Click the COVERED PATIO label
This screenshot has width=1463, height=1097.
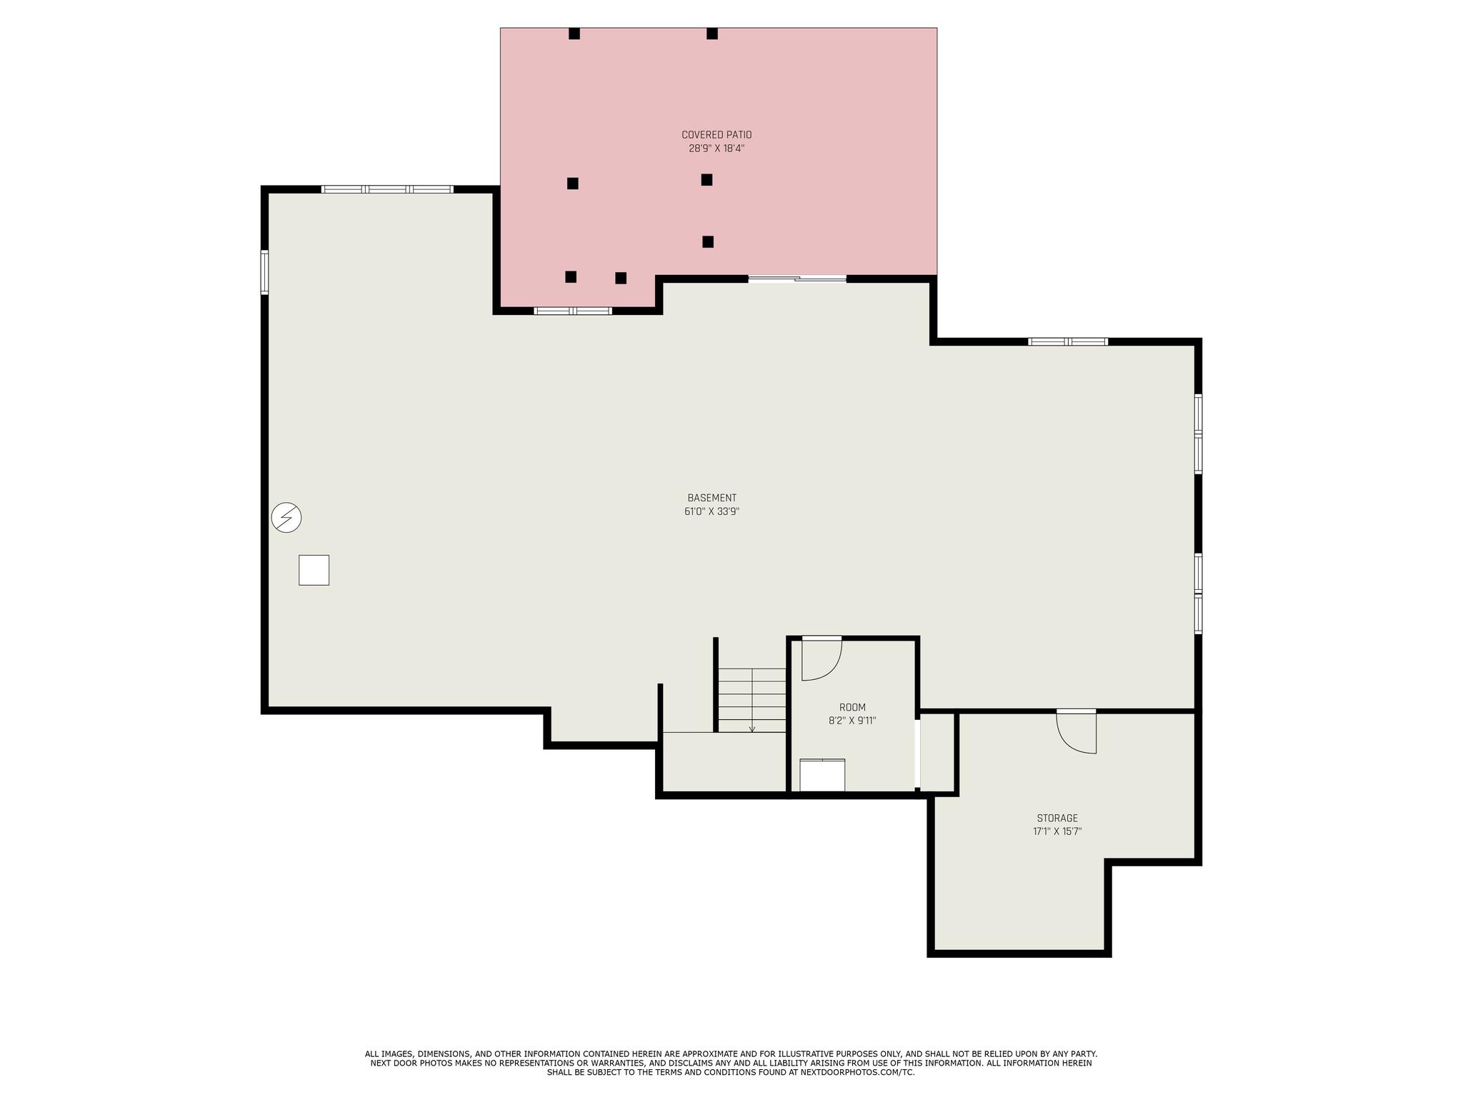716,135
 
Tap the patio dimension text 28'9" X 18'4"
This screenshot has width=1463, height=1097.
716,149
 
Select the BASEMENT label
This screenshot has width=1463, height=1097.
711,498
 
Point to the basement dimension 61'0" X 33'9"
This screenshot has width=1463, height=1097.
711,511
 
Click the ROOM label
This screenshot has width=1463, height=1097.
852,708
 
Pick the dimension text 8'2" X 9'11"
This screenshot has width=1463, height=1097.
852,721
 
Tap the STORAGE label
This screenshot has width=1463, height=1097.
1057,818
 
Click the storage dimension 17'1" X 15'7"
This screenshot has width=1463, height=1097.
1057,831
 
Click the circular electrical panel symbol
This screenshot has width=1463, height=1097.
286,517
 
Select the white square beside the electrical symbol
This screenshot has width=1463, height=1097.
314,570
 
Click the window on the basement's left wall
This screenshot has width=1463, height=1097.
264,272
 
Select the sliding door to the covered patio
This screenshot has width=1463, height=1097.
797,279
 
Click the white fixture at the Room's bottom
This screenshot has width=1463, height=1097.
822,775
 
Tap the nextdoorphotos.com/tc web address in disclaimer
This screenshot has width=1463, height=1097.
857,1072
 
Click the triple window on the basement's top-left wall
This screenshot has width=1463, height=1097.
387,189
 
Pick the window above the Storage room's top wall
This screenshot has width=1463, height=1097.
1068,341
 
